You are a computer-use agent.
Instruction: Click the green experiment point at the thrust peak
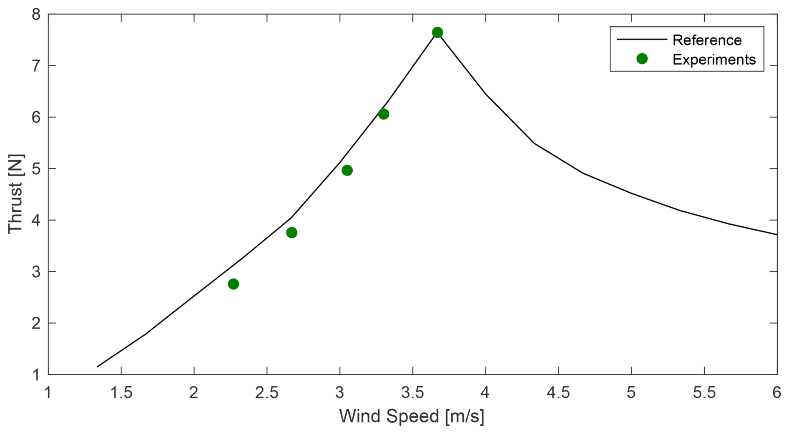pos(437,33)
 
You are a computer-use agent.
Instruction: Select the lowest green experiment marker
pos(233,284)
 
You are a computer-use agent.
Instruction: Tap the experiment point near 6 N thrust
pos(383,114)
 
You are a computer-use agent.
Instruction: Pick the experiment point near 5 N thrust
pos(347,170)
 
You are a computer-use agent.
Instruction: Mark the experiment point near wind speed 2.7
pos(291,233)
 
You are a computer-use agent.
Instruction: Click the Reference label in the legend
pos(707,40)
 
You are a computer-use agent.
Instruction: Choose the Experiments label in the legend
pos(714,60)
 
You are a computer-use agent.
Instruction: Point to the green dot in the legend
pos(642,59)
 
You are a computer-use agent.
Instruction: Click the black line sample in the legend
pos(641,40)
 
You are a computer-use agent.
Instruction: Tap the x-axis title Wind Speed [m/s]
pos(412,416)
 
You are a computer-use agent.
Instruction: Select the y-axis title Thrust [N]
pos(16,193)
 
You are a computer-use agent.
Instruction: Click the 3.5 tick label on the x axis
pos(412,393)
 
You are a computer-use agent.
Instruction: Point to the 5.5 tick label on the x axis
pos(704,393)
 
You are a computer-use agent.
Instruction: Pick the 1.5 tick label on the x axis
pos(121,393)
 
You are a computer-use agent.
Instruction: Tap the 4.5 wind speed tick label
pos(558,393)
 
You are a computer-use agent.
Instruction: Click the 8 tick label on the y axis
pos(36,15)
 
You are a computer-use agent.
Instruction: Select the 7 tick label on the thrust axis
pos(36,66)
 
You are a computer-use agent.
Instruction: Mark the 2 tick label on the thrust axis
pos(36,323)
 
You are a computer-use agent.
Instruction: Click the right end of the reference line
pos(776,234)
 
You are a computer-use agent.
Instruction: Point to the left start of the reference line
pos(98,366)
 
